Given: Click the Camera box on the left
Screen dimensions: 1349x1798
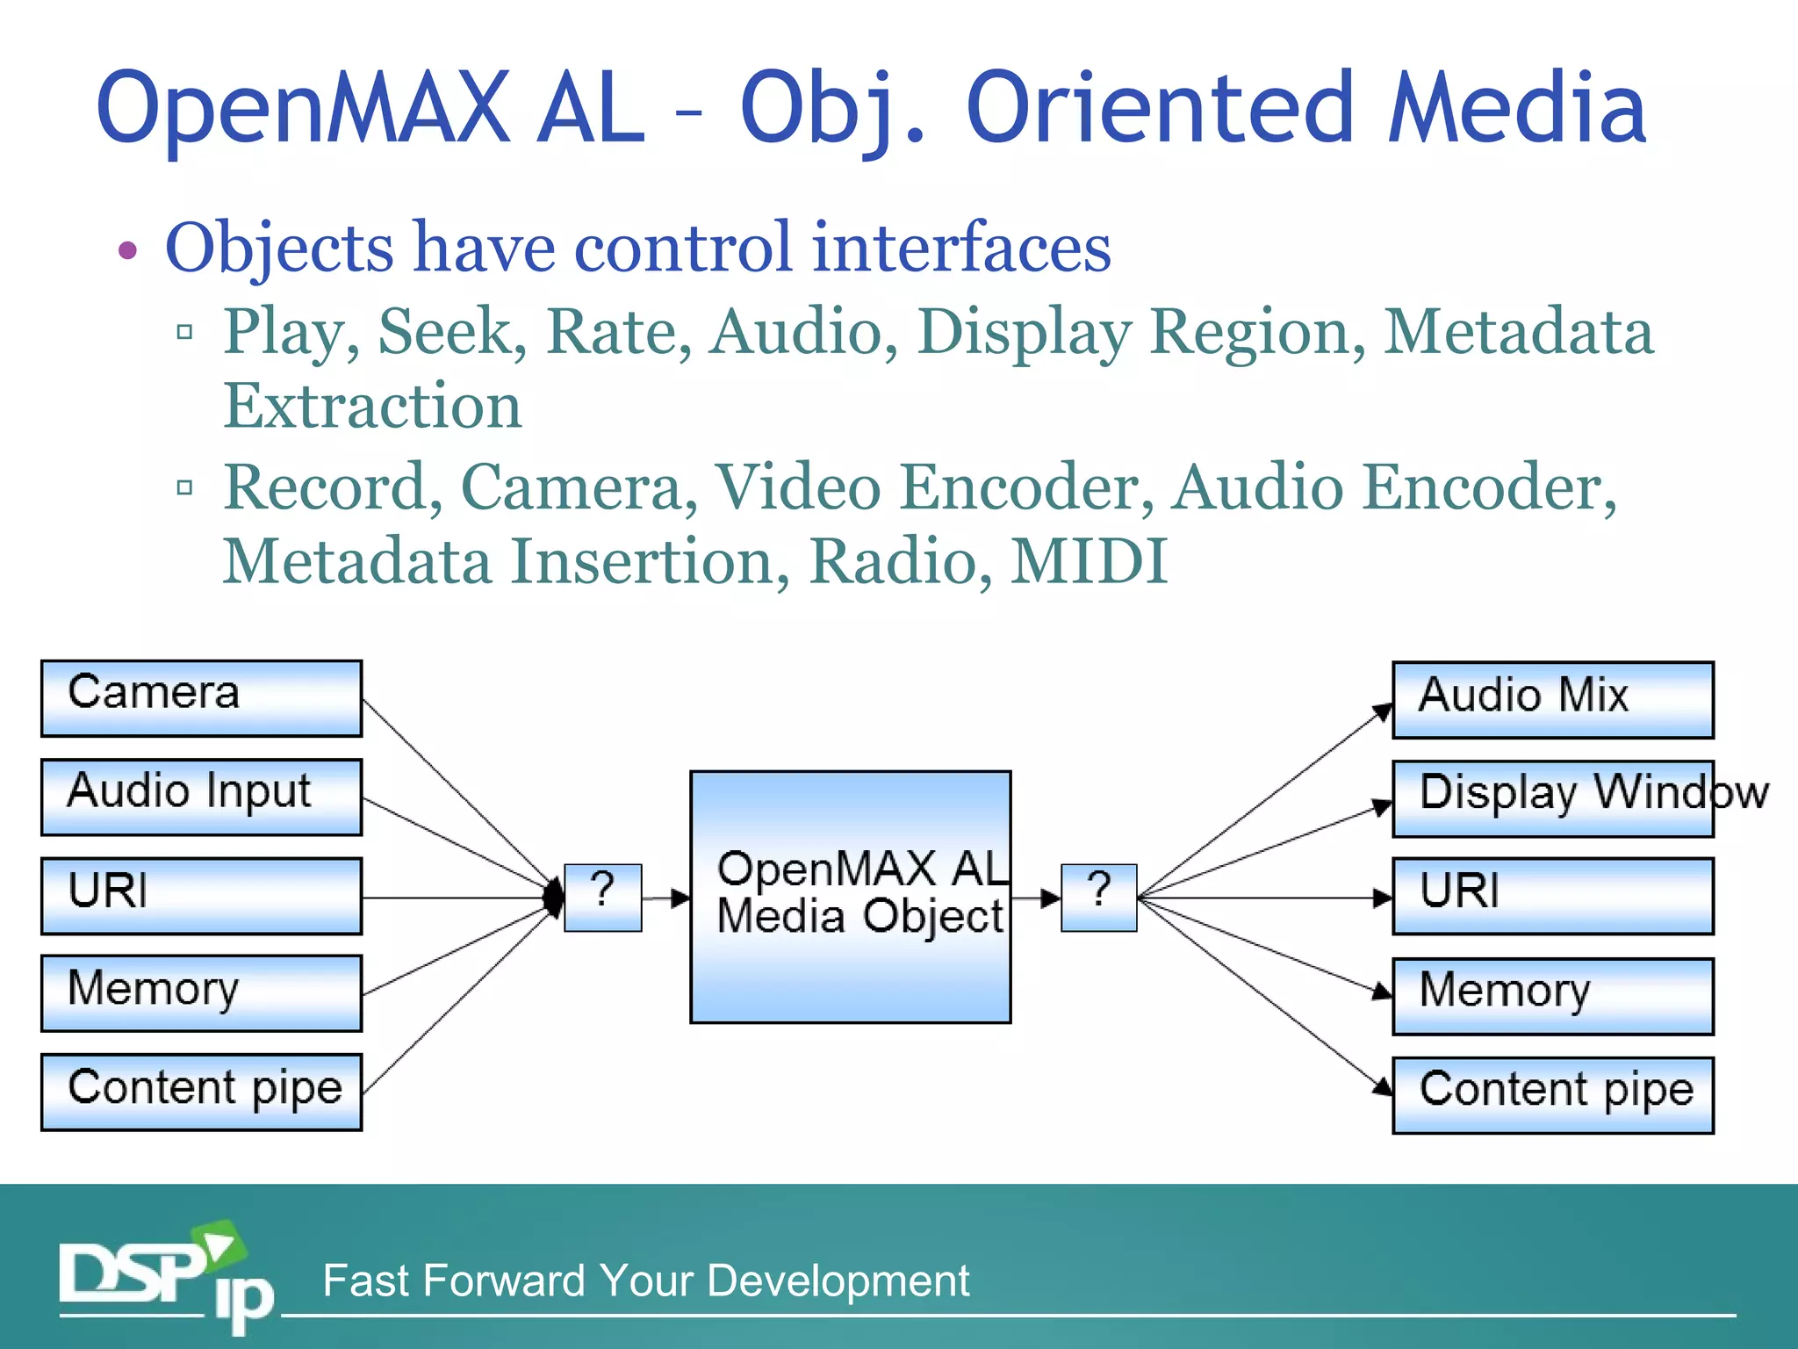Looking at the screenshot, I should [x=201, y=698].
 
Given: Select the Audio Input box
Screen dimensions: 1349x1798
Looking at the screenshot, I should [x=201, y=797].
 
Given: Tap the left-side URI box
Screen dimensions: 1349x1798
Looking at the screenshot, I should [x=201, y=896].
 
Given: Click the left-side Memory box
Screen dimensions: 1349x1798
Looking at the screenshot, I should [x=201, y=993].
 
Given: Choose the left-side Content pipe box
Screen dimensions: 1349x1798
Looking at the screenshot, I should [x=201, y=1092].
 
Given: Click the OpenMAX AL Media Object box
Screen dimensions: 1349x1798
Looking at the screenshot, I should [x=850, y=897].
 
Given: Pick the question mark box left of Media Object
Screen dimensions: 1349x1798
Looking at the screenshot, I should [x=602, y=897].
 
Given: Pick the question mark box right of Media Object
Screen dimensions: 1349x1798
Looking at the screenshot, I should [x=1098, y=897].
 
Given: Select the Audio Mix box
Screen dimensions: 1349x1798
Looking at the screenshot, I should [x=1552, y=700].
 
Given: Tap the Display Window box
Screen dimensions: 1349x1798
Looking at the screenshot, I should [x=1552, y=797].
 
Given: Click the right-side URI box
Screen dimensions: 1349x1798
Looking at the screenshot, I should [x=1552, y=896].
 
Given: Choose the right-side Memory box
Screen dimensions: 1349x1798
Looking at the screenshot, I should [x=1552, y=995].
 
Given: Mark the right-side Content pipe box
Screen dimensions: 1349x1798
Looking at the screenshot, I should [x=1552, y=1094].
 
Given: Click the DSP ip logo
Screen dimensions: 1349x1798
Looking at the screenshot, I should [x=162, y=1278].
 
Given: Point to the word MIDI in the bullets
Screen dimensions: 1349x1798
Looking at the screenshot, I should [x=1089, y=561].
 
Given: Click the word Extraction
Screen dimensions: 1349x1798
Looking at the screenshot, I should [x=372, y=406].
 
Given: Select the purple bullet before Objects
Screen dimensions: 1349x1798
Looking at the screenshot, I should [x=128, y=251].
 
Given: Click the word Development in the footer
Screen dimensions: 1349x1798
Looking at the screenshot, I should [x=838, y=1280].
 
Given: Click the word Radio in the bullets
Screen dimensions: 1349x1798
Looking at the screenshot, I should [x=900, y=561].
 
